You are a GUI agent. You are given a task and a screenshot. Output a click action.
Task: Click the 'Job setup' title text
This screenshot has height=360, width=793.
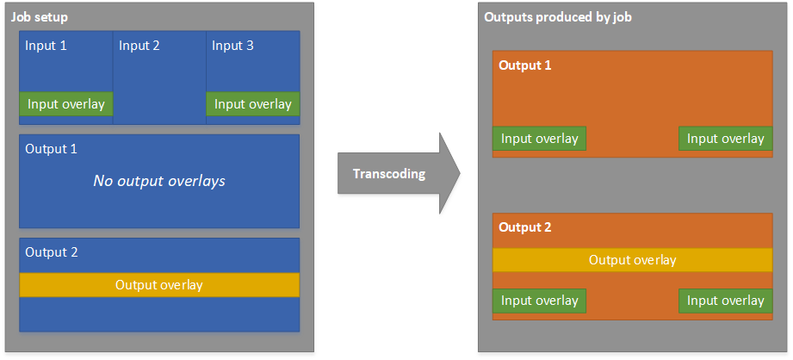click(x=39, y=17)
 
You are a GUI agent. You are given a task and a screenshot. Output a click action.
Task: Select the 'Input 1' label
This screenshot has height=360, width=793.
click(x=46, y=46)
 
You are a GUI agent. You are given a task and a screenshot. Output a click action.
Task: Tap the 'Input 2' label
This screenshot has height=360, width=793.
click(x=139, y=46)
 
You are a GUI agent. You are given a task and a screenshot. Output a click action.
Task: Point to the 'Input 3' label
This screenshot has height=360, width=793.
click(x=232, y=46)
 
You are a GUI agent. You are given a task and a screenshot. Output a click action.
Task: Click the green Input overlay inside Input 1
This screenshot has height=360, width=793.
click(x=66, y=104)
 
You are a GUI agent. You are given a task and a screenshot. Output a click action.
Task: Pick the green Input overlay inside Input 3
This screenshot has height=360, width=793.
click(x=253, y=104)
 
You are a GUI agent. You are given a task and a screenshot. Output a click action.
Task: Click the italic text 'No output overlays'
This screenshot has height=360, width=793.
click(x=158, y=181)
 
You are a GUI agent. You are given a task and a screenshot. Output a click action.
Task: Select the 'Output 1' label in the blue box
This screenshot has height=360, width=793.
click(x=51, y=149)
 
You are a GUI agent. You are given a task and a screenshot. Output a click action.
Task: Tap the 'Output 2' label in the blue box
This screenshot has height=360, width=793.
click(x=51, y=252)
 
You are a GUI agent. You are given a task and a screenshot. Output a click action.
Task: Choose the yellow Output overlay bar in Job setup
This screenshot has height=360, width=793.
click(x=159, y=285)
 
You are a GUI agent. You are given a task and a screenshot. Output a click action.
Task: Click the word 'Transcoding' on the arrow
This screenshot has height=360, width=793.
click(x=389, y=174)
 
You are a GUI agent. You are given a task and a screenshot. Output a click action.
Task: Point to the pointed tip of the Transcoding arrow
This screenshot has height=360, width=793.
click(x=458, y=173)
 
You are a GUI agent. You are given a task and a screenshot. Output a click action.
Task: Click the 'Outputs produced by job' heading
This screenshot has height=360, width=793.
click(x=559, y=17)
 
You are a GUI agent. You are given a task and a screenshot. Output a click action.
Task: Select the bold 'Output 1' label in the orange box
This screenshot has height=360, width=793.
click(x=525, y=65)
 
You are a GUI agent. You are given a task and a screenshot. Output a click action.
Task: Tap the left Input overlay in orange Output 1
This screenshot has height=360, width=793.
click(x=540, y=139)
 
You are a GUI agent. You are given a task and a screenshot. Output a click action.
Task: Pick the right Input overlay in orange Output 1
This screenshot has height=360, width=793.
click(x=726, y=139)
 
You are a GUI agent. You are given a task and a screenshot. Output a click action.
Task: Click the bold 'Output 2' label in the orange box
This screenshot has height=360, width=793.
click(x=525, y=227)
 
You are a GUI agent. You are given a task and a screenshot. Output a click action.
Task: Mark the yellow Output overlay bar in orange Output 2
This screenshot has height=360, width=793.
click(x=633, y=260)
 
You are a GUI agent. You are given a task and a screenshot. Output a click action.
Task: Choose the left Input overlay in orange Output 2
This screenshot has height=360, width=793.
click(x=540, y=301)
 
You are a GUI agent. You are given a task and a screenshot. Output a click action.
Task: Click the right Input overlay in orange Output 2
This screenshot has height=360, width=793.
click(x=726, y=301)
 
